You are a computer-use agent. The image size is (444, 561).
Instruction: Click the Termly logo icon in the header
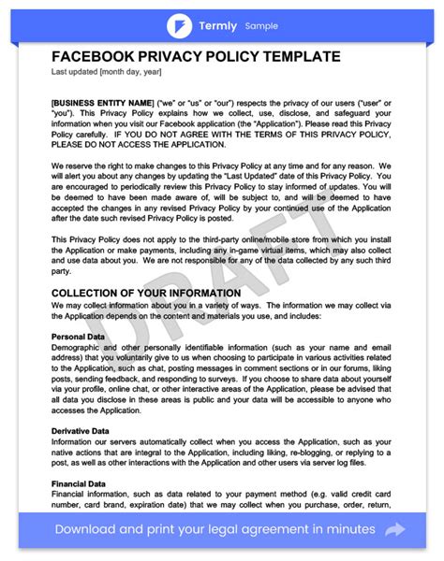[179, 25]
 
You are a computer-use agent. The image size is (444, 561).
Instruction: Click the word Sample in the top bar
[261, 26]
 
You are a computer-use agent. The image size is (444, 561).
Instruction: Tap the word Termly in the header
[218, 25]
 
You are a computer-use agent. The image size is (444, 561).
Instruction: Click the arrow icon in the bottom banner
[395, 529]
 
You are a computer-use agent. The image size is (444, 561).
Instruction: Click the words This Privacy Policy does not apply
[122, 239]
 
